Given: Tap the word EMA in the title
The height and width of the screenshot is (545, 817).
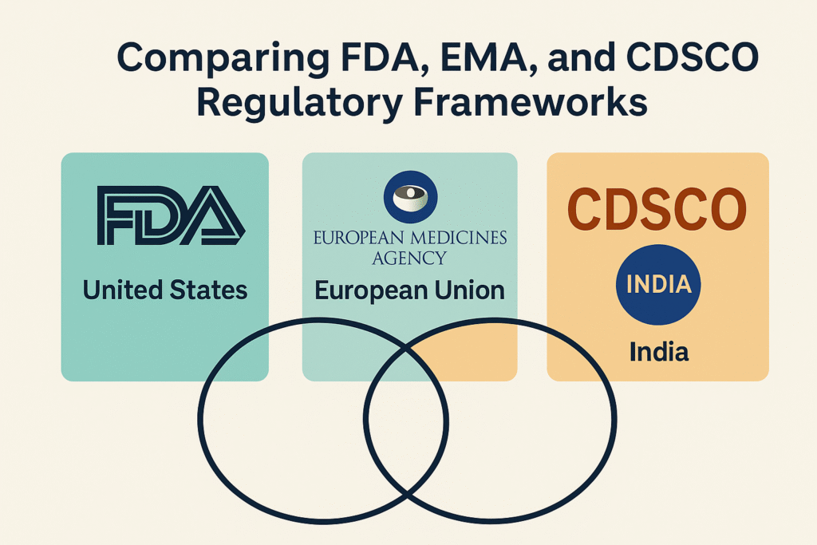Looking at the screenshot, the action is point(484,57).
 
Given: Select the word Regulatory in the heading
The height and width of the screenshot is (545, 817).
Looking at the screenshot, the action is point(299,103).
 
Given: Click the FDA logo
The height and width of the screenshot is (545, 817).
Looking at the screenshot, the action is point(171,215).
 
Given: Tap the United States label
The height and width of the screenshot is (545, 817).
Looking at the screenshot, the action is point(165,290).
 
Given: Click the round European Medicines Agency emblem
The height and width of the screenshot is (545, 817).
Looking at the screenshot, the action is point(410,196).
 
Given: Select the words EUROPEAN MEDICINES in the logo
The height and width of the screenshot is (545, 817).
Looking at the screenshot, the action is point(410,238).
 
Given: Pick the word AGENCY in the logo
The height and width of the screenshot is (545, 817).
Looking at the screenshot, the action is point(409,258).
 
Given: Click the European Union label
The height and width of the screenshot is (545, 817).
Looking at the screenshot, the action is point(409,290).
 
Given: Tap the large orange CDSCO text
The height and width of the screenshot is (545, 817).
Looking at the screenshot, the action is point(657,209).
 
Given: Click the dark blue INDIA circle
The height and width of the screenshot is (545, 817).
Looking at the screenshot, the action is point(658,285).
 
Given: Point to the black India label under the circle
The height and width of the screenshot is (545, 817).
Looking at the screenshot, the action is point(659,352).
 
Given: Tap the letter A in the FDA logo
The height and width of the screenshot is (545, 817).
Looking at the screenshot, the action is point(214,215).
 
